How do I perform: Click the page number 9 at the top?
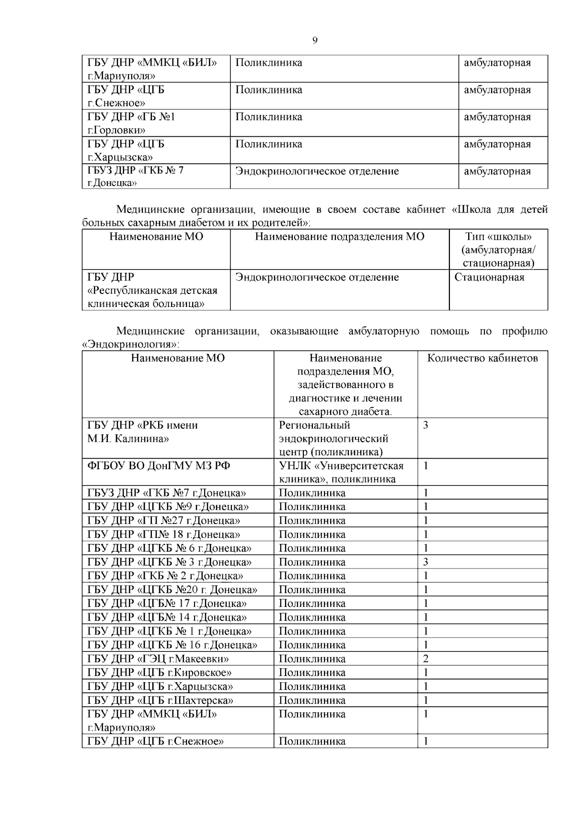pyautogui.click(x=315, y=41)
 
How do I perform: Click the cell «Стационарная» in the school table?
pyautogui.click(x=489, y=277)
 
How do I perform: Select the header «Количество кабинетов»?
pyautogui.click(x=482, y=358)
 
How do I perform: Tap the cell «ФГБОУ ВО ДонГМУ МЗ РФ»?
pyautogui.click(x=159, y=466)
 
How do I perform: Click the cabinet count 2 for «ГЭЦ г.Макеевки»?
pyautogui.click(x=426, y=659)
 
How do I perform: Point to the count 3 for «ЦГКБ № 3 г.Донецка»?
pyautogui.click(x=426, y=562)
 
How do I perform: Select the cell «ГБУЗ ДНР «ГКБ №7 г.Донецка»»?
pyautogui.click(x=166, y=493)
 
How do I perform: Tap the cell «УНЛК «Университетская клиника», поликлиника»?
pyautogui.click(x=341, y=472)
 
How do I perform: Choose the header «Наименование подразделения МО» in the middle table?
pyautogui.click(x=339, y=236)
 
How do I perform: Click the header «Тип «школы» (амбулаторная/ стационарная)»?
pyautogui.click(x=498, y=249)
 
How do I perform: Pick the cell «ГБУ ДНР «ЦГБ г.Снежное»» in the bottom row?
pyautogui.click(x=156, y=741)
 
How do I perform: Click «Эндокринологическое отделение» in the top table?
pyautogui.click(x=317, y=171)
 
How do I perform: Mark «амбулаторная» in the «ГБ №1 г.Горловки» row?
pyautogui.click(x=497, y=117)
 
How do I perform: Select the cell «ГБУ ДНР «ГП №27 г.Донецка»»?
pyautogui.click(x=163, y=520)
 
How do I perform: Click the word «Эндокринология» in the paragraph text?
pyautogui.click(x=129, y=344)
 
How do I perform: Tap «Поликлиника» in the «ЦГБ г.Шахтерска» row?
pyautogui.click(x=312, y=700)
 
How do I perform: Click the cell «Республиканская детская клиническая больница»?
pyautogui.click(x=152, y=291)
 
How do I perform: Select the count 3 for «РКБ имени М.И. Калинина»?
pyautogui.click(x=426, y=425)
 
